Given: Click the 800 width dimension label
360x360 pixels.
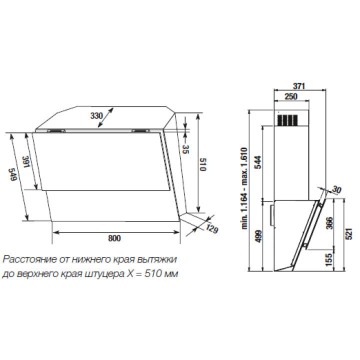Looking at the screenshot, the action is (x=114, y=238).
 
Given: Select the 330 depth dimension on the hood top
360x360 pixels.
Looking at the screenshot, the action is (x=96, y=115).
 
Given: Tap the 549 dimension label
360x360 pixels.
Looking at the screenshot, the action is (x=12, y=174).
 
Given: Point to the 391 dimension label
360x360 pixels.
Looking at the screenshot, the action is (x=26, y=162).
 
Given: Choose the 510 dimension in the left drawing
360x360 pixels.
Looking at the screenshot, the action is (x=203, y=164).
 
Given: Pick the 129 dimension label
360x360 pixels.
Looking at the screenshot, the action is (x=211, y=228).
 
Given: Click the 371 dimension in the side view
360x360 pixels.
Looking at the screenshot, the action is (x=299, y=86).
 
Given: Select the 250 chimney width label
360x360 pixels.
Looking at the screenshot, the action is (x=291, y=96).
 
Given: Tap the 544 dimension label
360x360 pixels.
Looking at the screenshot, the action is (x=258, y=162).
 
